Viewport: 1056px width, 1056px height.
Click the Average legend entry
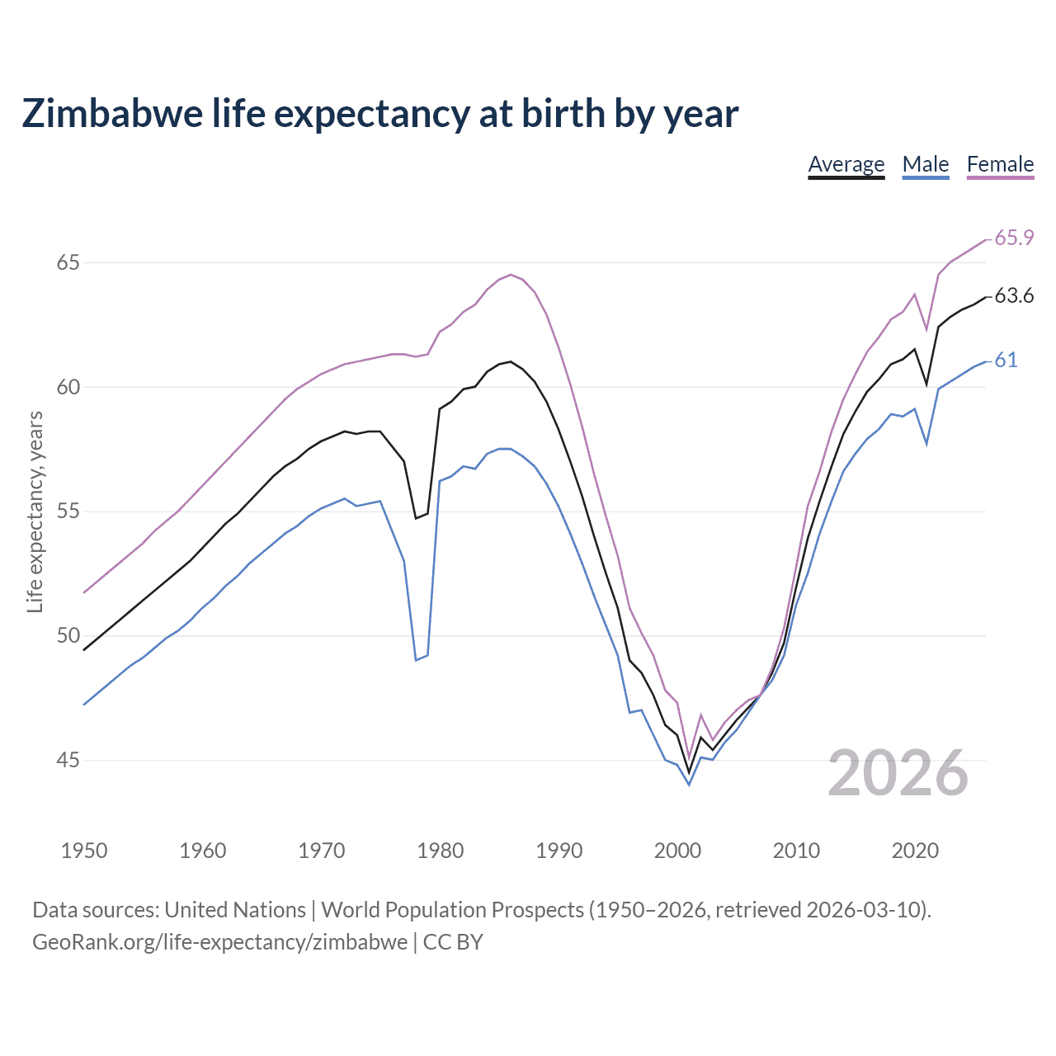(x=846, y=164)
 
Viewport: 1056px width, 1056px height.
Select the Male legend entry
(x=926, y=164)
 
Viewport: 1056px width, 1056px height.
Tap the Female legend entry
(x=1000, y=164)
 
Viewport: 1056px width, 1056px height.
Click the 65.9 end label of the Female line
(x=1014, y=238)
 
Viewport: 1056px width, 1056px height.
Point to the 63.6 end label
(x=1014, y=295)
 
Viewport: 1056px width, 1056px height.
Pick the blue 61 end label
(x=1006, y=360)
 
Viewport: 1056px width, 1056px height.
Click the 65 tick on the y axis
(x=68, y=262)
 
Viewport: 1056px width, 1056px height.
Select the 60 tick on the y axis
(x=68, y=387)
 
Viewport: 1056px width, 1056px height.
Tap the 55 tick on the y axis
(x=68, y=511)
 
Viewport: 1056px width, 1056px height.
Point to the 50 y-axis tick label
(x=68, y=636)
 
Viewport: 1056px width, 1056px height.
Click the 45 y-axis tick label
(x=68, y=760)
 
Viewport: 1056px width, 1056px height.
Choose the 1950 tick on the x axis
(x=84, y=851)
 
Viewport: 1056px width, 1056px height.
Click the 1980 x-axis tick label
(x=441, y=851)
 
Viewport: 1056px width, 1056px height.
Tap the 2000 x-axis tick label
(x=677, y=851)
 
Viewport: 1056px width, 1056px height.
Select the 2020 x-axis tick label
(x=915, y=851)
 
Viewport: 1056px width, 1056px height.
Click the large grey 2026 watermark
(x=898, y=773)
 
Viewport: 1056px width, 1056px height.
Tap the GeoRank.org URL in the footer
(x=219, y=942)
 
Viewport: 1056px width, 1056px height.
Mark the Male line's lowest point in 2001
(x=689, y=785)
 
